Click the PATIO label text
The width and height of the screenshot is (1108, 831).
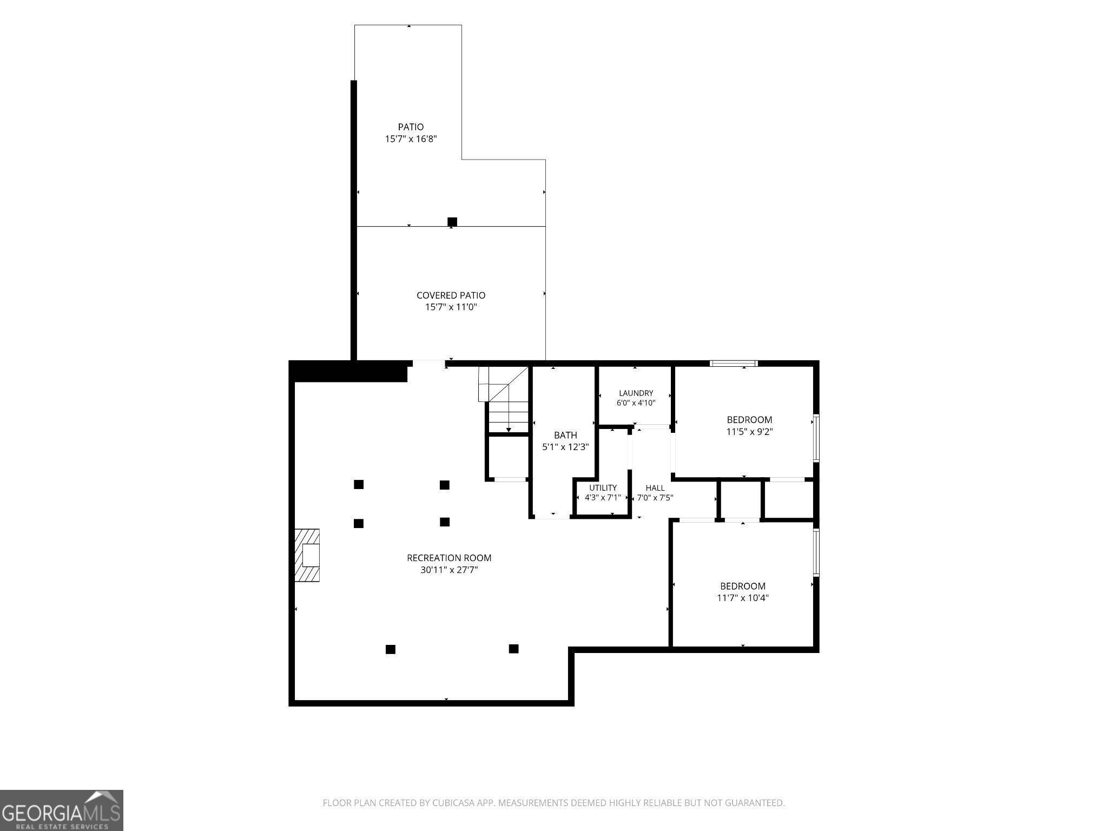coord(411,127)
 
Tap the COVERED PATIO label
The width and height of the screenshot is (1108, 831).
coord(451,295)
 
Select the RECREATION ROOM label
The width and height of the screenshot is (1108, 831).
coord(449,558)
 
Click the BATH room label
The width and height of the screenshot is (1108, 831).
coord(565,435)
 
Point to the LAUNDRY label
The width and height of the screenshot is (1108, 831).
coord(636,393)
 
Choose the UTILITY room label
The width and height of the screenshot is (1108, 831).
coord(603,488)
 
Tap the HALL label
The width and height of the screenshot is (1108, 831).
coord(655,488)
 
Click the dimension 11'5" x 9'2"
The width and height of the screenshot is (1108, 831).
coord(749,432)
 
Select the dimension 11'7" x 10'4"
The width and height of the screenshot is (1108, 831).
coord(743,598)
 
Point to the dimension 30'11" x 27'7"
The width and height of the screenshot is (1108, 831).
coord(449,570)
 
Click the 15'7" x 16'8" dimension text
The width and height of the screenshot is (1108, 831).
coord(411,139)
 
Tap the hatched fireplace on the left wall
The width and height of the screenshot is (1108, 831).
coord(307,556)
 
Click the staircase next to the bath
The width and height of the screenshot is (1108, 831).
coord(503,399)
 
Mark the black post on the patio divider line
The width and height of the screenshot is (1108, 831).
coord(452,222)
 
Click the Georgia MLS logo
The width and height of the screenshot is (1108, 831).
coord(62,810)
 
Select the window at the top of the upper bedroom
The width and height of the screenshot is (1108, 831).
coord(734,363)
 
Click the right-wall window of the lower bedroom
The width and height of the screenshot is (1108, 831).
coord(816,552)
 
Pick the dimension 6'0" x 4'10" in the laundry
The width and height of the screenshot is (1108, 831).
coord(636,403)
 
